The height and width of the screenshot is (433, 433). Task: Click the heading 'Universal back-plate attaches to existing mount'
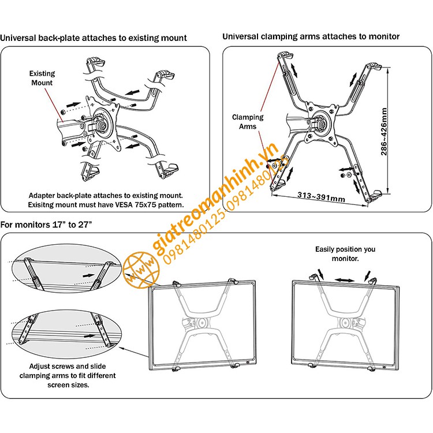[94, 38]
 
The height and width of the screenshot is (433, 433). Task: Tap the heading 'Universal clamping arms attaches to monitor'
[311, 36]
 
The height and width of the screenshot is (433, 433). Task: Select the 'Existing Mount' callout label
[42, 78]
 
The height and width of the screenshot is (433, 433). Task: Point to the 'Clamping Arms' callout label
[248, 122]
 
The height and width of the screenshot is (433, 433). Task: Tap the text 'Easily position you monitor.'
[345, 254]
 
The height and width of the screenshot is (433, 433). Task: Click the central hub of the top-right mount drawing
[319, 123]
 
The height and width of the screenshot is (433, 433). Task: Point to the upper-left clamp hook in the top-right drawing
[285, 57]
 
